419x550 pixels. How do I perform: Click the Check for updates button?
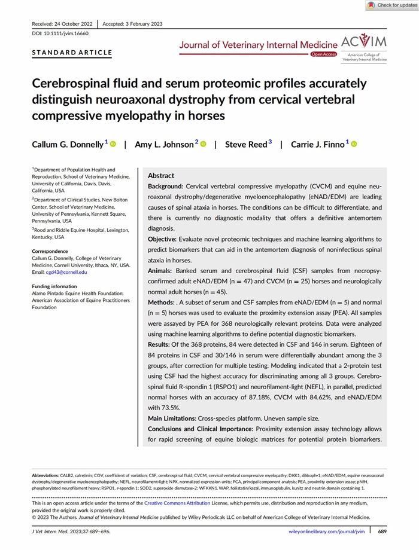pos(391,5)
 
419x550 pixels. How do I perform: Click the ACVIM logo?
pos(363,47)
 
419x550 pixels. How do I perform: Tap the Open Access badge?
pos(323,54)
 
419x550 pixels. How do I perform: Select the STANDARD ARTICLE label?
pos(72,53)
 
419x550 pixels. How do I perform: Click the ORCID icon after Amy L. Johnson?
pos(203,144)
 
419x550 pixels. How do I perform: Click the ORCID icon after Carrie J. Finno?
pos(353,144)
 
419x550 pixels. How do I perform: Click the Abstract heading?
pos(161,176)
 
